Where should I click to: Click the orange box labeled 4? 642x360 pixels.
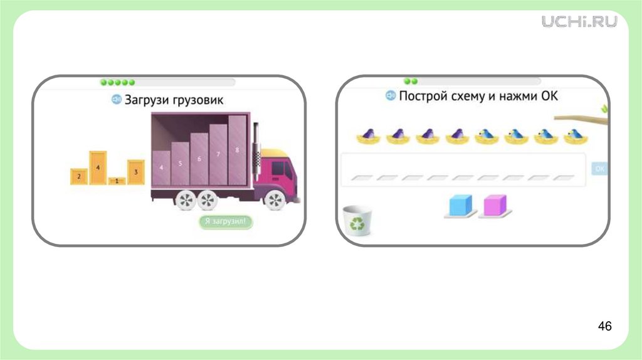pyautogui.click(x=98, y=167)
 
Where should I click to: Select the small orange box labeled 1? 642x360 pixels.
pyautogui.click(x=117, y=181)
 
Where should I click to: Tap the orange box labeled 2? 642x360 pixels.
pyautogui.click(x=79, y=176)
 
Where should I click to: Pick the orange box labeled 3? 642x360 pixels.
pyautogui.click(x=136, y=171)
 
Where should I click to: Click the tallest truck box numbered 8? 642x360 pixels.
pyautogui.click(x=237, y=151)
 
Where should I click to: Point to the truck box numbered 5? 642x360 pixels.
pyautogui.click(x=180, y=164)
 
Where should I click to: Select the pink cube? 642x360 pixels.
pyautogui.click(x=495, y=205)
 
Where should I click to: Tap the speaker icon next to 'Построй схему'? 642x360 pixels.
pyautogui.click(x=390, y=96)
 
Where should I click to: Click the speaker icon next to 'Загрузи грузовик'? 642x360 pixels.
pyautogui.click(x=116, y=100)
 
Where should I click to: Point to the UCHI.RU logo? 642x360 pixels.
pyautogui.click(x=579, y=21)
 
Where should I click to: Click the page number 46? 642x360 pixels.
pyautogui.click(x=604, y=326)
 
